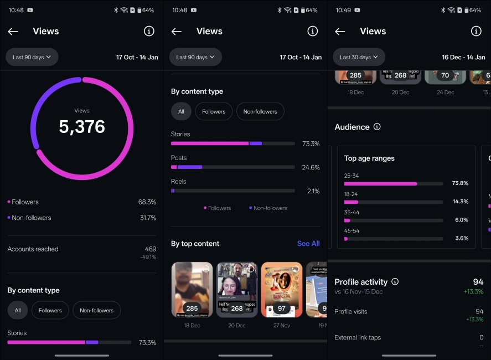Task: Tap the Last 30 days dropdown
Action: (x=359, y=57)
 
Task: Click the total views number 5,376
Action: (x=82, y=126)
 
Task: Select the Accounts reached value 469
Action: (x=150, y=249)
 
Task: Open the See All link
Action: (x=308, y=244)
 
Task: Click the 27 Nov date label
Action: (x=282, y=326)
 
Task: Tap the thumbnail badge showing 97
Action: (x=282, y=308)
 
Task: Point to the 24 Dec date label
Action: (x=445, y=92)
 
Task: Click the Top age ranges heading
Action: (x=369, y=158)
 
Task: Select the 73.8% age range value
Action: (x=460, y=183)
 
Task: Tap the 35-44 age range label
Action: (x=352, y=212)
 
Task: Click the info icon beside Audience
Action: (x=377, y=127)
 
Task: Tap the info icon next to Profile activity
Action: (x=395, y=281)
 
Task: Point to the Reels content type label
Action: (x=179, y=182)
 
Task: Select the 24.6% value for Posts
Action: (x=311, y=167)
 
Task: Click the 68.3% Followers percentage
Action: (x=147, y=202)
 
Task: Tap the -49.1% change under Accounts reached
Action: (x=148, y=257)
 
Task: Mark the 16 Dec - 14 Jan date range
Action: (x=463, y=57)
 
